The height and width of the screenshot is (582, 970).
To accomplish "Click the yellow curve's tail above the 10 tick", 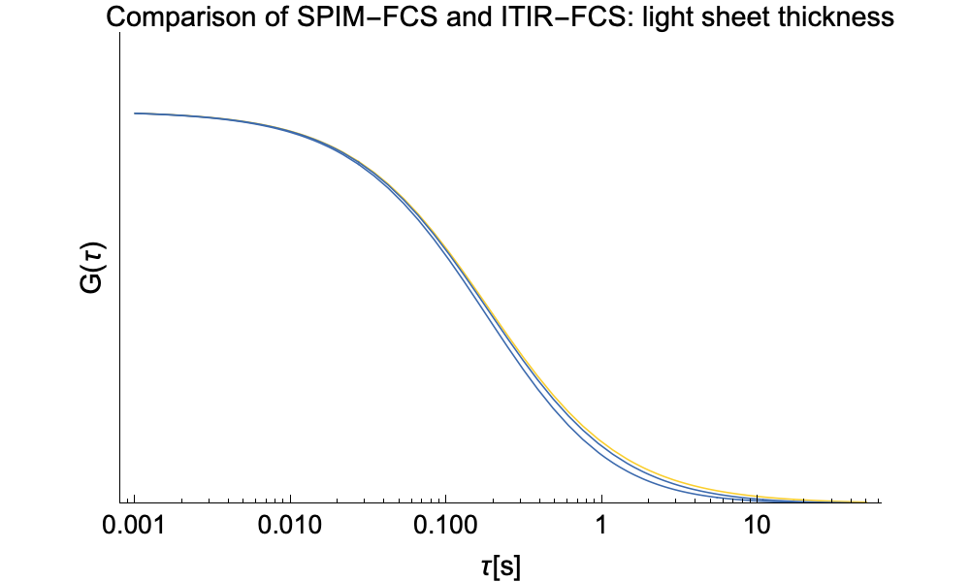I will (757, 496).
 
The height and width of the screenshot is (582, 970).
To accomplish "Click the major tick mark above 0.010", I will (290, 499).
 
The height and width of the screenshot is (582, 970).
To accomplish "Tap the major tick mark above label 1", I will (601, 499).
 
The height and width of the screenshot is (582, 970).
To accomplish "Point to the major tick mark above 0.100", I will (445, 499).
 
